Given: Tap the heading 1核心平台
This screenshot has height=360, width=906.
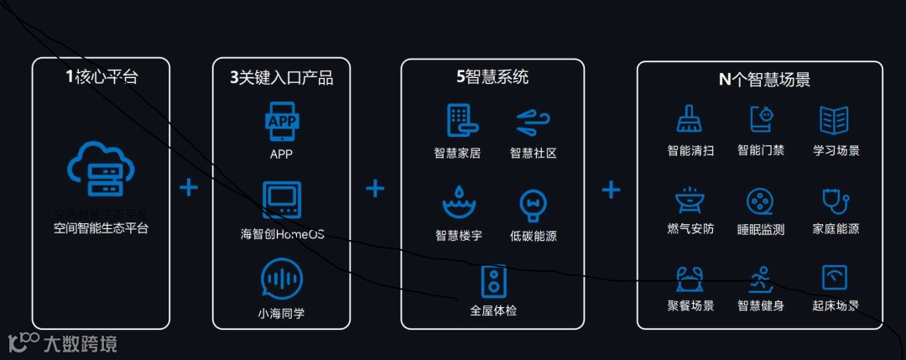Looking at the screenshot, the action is point(102,78).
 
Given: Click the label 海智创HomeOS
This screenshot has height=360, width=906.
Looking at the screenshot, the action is point(282,233).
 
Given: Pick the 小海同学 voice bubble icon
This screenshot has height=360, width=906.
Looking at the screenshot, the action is point(281,279).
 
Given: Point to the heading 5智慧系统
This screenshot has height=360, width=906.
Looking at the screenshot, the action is point(492,78).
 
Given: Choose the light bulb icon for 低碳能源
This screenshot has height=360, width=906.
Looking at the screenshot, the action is point(533,205).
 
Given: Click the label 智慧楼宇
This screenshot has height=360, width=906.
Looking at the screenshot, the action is point(458,236).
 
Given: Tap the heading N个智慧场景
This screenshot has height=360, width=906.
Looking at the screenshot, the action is point(759,80).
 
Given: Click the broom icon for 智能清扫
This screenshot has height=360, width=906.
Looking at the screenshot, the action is point(690,120).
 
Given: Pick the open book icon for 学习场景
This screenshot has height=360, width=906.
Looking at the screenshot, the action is point(836,120).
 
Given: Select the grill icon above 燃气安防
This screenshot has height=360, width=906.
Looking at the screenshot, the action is point(690,201).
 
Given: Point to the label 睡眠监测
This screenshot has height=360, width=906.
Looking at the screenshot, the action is point(761,229).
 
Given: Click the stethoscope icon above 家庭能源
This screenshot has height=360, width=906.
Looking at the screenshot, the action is point(836,201).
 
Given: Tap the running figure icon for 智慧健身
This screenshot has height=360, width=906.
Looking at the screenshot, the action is point(761,278).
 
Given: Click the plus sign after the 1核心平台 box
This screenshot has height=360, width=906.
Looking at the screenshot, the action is point(190,187).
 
